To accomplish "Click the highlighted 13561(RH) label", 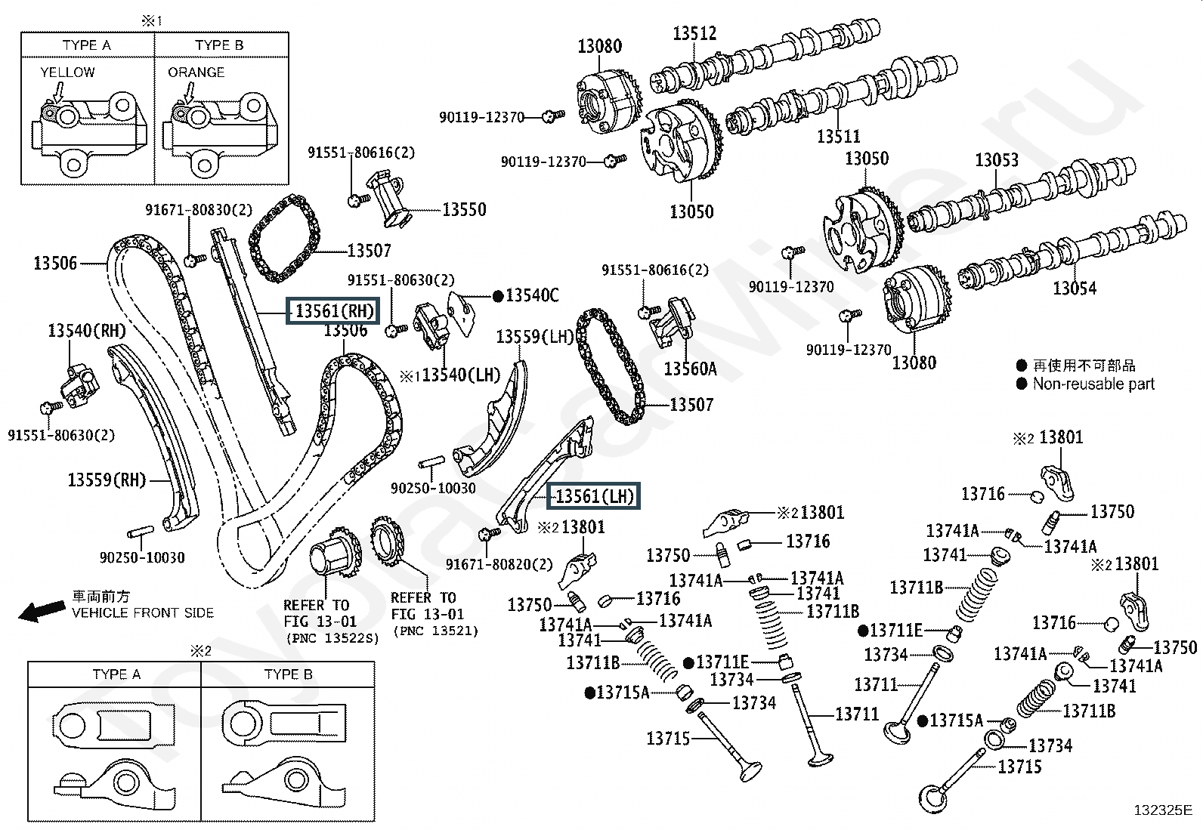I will pos(331,310).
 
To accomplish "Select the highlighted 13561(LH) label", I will pos(593,496).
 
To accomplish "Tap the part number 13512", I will pos(694,33).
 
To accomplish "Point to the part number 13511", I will pos(838,137).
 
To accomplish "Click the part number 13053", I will pos(996,160).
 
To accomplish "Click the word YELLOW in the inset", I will pos(67,73).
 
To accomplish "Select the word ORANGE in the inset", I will pos(196,73).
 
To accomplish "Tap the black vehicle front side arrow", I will pos(41,610).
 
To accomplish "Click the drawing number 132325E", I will pos(1161,811).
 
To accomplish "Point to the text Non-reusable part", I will pos(1093,384).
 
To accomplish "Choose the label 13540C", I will pos(532,295).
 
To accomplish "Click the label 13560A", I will pos(690,369).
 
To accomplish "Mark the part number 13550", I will pos(464,209).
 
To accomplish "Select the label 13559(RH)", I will pos(106,480).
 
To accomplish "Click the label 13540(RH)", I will pos(87,330).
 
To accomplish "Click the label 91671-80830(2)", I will pos(199,211).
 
